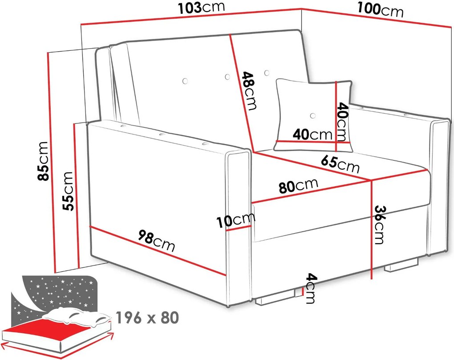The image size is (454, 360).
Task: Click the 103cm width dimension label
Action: pos(202,8)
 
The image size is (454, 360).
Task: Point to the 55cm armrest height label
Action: pos(69,191)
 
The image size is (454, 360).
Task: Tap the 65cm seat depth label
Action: pos(340,164)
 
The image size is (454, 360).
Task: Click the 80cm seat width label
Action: pos(299,185)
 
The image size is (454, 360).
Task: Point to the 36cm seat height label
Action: pos(380,225)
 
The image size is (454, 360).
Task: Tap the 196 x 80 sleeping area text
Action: pos(147,318)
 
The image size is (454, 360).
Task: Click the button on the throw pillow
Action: pos(312,116)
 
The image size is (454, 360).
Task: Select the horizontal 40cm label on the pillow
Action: pos(312,135)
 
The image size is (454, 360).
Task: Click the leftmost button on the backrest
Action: pos(185,81)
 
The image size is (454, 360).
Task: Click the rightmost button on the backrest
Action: pos(267,73)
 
